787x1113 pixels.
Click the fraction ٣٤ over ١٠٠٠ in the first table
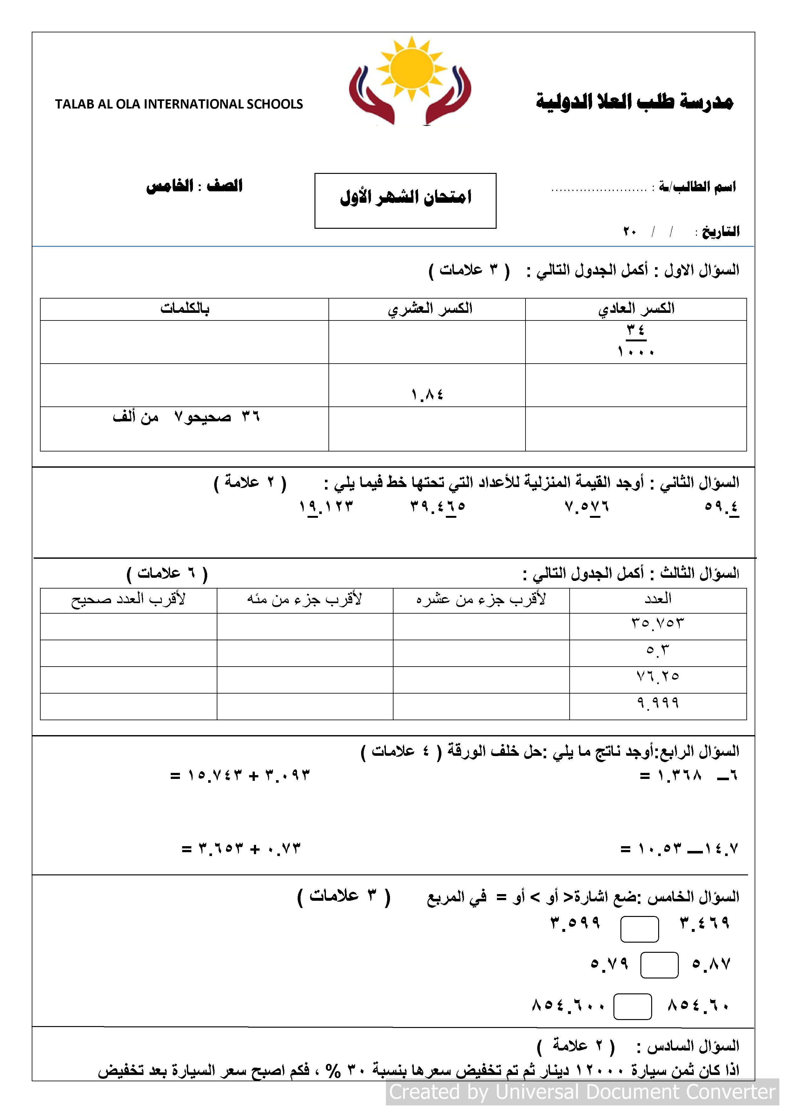(636, 341)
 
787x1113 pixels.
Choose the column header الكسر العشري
(430, 309)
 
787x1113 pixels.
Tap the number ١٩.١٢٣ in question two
(326, 507)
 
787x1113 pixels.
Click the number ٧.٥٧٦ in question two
(587, 507)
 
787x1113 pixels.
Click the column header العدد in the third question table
(658, 599)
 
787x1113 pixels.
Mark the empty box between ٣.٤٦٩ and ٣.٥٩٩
(639, 929)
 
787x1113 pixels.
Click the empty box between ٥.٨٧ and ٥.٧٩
(659, 965)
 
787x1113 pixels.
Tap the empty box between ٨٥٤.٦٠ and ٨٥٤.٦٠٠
(632, 1007)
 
